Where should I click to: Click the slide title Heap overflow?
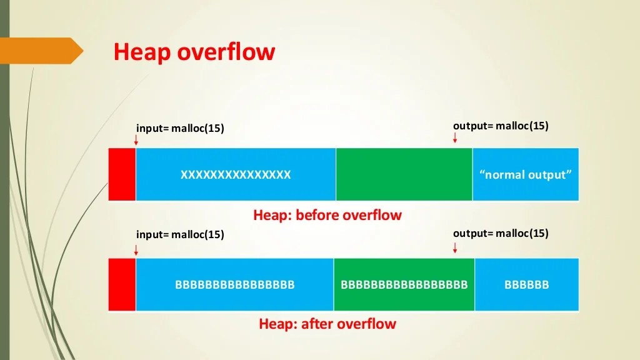[194, 52]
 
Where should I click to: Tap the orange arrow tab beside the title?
[41, 51]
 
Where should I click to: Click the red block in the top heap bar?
[122, 174]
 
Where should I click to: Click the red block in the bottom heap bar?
[122, 284]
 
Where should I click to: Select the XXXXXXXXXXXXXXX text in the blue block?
[236, 175]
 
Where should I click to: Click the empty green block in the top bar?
[404, 174]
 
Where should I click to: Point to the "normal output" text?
[526, 175]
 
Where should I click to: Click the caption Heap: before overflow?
[327, 216]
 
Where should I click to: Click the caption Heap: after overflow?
[327, 324]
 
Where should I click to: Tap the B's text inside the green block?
[404, 285]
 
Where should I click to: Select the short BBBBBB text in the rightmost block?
[526, 285]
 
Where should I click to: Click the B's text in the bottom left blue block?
[234, 285]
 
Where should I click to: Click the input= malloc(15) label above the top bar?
[180, 128]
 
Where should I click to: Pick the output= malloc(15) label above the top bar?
[501, 126]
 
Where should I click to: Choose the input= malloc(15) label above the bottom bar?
[180, 234]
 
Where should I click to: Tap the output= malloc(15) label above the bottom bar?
[501, 233]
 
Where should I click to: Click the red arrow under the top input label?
[136, 141]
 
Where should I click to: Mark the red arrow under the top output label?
[455, 137]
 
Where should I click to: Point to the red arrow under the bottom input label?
[136, 249]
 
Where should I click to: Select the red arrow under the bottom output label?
[455, 247]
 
